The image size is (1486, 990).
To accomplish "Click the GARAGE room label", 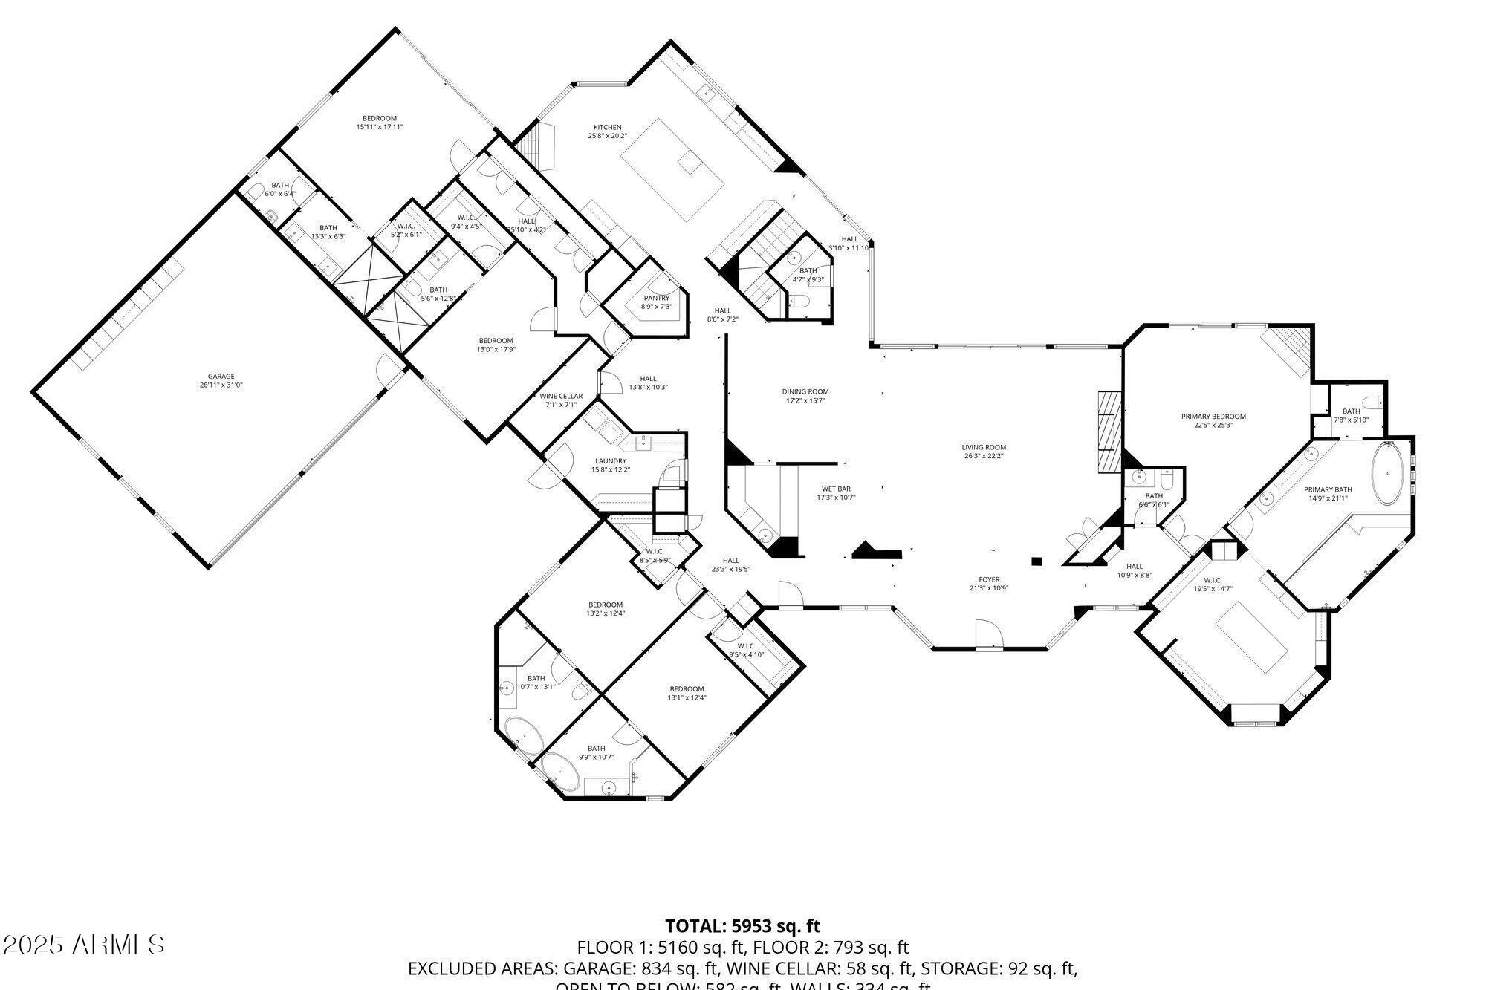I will point(221,377).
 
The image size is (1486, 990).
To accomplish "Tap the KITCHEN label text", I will point(607,127).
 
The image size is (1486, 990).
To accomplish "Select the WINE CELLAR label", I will point(561,396).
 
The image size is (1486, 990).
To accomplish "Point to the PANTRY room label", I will point(656,298).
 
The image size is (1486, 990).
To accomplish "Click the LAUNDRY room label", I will point(610,460).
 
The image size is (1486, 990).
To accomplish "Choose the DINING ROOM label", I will point(805,391).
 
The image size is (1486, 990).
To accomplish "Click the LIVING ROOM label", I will point(983,447).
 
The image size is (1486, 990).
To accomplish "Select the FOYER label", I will point(989,579).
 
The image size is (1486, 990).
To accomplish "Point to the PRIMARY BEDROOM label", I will point(1213,417).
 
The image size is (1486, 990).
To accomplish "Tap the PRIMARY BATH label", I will point(1328,489).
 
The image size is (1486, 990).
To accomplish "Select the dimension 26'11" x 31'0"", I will point(221,385).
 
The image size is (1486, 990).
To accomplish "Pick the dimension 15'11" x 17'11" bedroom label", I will point(380,127).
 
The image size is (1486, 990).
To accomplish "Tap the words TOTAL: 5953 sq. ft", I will point(742,926).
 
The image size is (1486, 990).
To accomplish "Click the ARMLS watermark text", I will point(83,945).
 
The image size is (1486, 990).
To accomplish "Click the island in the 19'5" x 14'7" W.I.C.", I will point(1251,637).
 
